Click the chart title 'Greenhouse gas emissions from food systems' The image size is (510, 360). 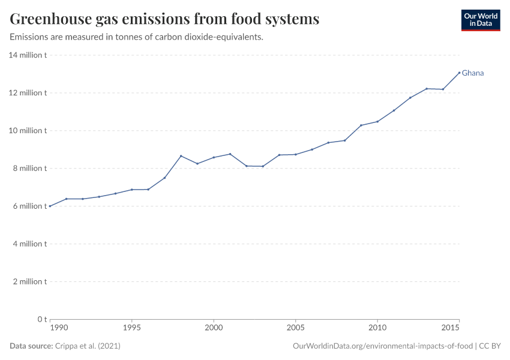coord(164,19)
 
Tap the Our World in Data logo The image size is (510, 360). coord(480,20)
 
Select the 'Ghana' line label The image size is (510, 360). coord(473,73)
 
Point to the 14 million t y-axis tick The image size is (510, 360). coord(28,55)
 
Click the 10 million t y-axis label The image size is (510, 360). coord(28,131)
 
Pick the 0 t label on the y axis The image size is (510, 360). coord(41,319)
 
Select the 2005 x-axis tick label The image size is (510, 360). coord(295,328)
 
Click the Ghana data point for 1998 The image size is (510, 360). coord(181,156)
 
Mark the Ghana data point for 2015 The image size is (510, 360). coord(459,73)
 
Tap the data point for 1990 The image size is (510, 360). coord(50,206)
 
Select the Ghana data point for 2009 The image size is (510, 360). coord(361,125)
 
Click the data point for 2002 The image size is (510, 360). coord(247,166)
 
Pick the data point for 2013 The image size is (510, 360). coord(427,88)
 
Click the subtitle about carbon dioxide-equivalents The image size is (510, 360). coord(136,37)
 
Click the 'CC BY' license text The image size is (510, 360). coord(490,346)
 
